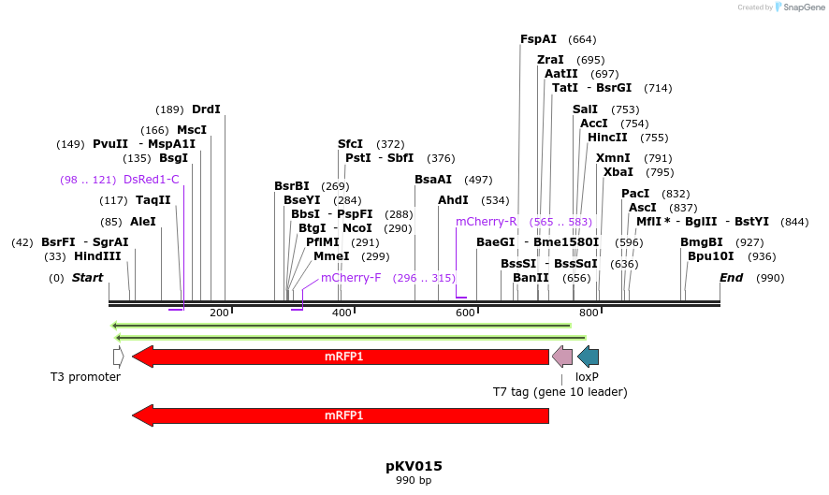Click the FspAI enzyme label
[538, 39]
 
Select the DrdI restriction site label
[206, 109]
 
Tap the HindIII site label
[97, 256]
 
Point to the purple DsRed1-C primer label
[151, 180]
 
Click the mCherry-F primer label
[351, 278]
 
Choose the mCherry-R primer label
[487, 222]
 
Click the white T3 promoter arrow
[118, 357]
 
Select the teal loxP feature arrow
[588, 357]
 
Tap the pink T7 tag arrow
[562, 357]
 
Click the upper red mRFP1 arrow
[342, 357]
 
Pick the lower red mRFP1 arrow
[342, 415]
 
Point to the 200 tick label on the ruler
[220, 313]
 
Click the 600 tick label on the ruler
[466, 313]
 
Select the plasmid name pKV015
[414, 466]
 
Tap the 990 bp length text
[414, 481]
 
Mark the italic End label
[731, 278]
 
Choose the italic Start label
[87, 278]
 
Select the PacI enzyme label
[635, 194]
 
